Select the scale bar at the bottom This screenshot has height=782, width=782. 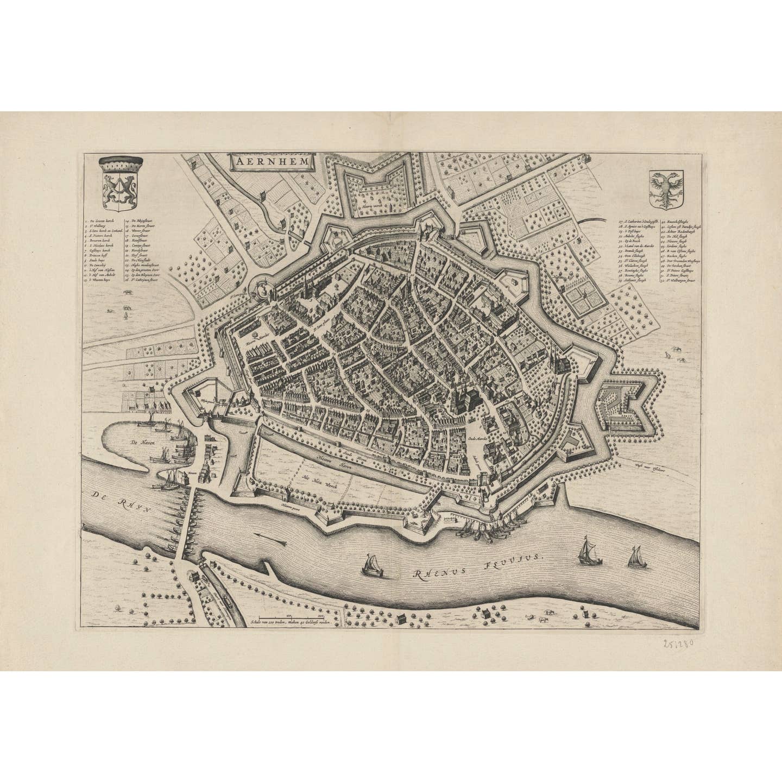click(293, 616)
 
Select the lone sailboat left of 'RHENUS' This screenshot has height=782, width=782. click(372, 564)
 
